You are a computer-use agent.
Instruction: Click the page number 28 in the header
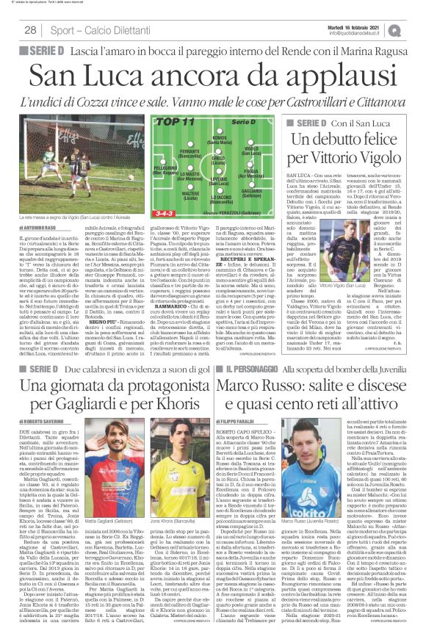(x=32, y=30)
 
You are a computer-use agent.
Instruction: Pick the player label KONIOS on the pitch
(x=220, y=137)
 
